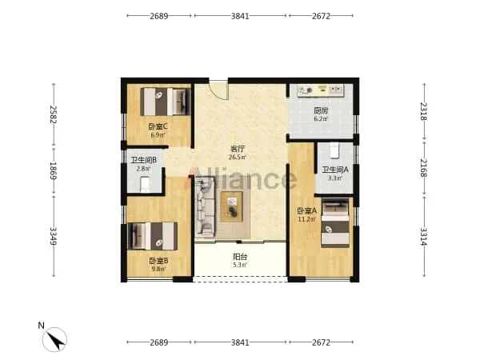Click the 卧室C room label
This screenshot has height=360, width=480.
coord(158,126)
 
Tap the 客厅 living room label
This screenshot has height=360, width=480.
coord(238,149)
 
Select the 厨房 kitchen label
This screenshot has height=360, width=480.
coord(321,110)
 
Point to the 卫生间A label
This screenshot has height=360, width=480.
coord(335,170)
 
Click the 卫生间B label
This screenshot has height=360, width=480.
coord(143,160)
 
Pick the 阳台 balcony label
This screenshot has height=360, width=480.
coord(240,257)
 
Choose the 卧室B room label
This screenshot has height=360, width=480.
coord(158,261)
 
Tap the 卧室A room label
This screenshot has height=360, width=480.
coord(307,210)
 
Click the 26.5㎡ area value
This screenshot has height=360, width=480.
coord(238,158)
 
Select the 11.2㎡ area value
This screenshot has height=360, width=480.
coord(307,219)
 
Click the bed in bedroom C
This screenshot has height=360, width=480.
coord(166,102)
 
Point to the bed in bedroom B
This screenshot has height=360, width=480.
coord(153,236)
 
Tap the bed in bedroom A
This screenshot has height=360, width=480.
coord(335,223)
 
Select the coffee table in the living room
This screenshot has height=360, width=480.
coord(232,206)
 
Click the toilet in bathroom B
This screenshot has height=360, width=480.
coord(145,184)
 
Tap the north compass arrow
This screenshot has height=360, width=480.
coord(57,341)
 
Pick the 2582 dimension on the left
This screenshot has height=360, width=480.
coord(54,114)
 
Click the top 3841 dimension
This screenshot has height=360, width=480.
coord(240,16)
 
